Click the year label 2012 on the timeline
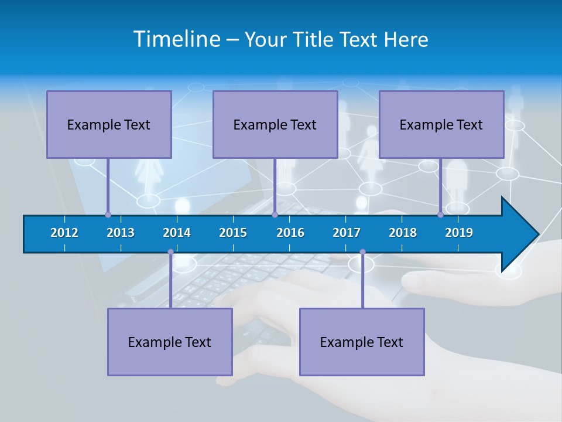[x=64, y=233]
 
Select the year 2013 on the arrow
[x=121, y=233]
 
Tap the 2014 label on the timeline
[x=177, y=233]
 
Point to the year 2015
[x=233, y=233]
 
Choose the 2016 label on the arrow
[x=290, y=233]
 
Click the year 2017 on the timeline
[x=347, y=233]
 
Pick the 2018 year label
[x=403, y=233]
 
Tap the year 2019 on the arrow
[x=459, y=233]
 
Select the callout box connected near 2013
[x=109, y=124]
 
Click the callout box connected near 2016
[x=275, y=124]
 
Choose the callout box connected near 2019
[x=441, y=124]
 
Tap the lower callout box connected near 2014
[x=170, y=342]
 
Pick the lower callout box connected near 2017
[x=362, y=342]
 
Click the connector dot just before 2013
[x=108, y=215]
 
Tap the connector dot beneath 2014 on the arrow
[x=170, y=252]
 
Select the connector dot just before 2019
[x=440, y=215]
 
